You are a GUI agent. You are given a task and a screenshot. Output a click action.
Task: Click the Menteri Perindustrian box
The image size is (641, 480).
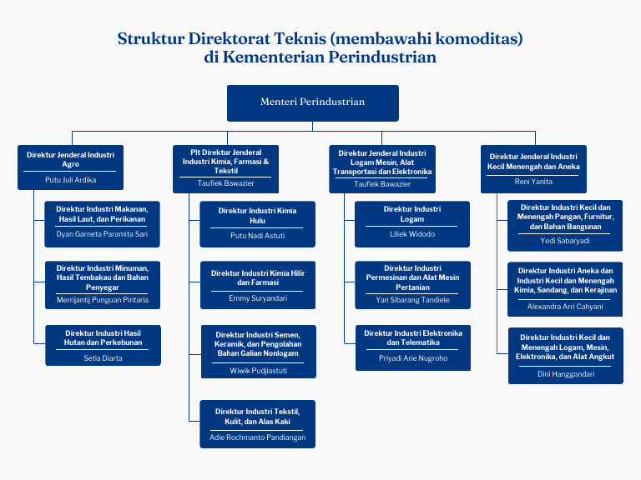[313, 102]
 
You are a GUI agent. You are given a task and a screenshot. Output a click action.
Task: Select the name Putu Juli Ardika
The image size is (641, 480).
[70, 179]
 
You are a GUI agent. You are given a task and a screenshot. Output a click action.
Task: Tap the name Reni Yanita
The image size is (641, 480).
[534, 182]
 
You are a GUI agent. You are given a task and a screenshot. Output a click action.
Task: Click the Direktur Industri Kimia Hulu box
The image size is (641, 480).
[257, 223]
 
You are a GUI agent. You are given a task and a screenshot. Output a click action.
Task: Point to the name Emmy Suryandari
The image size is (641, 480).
[257, 297]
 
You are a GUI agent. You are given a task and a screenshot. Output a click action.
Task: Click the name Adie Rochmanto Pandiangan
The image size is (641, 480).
[257, 437]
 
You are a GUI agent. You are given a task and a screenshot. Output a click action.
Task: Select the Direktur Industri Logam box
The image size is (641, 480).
[412, 223]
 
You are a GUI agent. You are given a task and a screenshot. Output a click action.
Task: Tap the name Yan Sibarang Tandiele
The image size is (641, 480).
[412, 300]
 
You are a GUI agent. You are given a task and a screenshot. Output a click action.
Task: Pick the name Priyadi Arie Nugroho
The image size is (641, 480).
[412, 358]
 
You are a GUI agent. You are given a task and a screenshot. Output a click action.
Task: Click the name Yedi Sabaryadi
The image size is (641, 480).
[565, 241]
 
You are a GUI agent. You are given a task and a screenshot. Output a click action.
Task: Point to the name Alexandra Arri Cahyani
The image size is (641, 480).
[565, 307]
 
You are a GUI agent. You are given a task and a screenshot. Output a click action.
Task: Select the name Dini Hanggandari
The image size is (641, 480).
[565, 374]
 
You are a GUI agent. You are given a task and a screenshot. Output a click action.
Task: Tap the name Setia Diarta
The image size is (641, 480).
[103, 358]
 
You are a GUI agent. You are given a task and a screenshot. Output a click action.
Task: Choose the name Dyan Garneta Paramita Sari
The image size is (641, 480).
[103, 234]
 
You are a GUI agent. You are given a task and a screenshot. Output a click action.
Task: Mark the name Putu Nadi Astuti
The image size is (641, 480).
[257, 236]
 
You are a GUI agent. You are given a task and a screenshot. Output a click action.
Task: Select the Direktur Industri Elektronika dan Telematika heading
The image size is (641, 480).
[412, 337]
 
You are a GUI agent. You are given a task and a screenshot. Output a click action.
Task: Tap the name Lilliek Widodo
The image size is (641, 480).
[412, 234]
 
